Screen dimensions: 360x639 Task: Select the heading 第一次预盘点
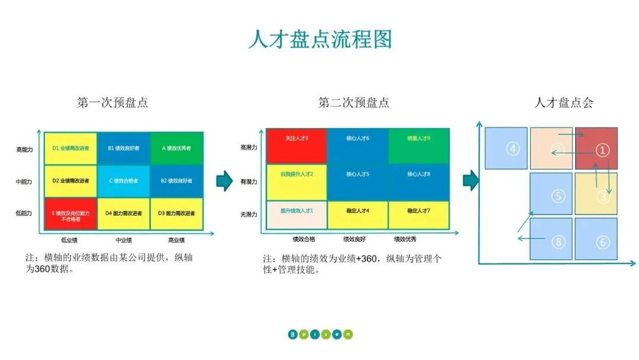coord(112,102)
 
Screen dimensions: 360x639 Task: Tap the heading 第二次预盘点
coord(354,102)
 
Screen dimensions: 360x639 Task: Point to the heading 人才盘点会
coord(563,102)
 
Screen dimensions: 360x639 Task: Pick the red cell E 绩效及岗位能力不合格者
coord(70,214)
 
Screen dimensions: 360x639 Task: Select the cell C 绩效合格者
coord(124,181)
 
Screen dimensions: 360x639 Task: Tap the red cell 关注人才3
coord(296,145)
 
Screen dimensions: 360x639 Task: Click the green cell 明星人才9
coord(419,145)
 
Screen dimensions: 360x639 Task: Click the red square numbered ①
coord(596,149)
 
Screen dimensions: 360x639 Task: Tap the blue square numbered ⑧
coord(551,239)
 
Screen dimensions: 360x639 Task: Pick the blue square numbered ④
coord(506,149)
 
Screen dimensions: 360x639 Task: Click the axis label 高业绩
coord(176,240)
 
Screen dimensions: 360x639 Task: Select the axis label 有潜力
coord(249,182)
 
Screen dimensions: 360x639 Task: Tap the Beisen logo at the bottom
coord(320,334)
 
